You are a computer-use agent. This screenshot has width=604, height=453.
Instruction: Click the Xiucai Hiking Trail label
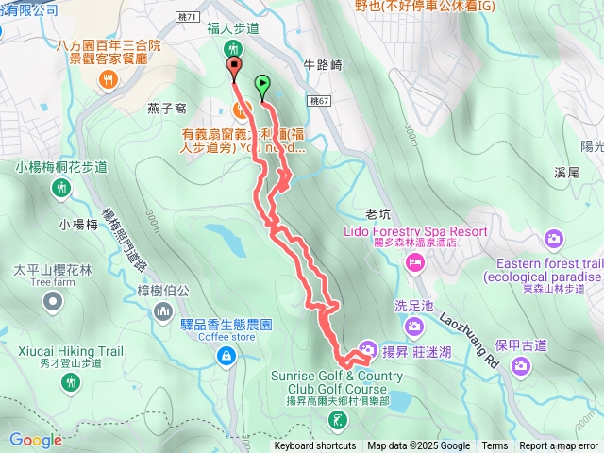(x=69, y=351)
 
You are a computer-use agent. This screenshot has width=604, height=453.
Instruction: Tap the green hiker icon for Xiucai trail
(x=69, y=381)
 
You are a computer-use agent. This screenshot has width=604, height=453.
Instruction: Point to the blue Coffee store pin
(x=226, y=355)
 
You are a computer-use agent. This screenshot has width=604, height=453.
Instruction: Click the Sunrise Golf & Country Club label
(x=337, y=381)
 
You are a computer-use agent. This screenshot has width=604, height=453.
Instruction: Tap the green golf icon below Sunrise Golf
(x=340, y=418)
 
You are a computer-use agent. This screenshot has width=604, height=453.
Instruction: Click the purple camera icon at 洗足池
(x=413, y=326)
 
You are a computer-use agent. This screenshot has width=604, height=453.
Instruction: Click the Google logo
(x=35, y=440)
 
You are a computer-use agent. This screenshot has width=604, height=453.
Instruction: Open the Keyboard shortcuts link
(x=315, y=446)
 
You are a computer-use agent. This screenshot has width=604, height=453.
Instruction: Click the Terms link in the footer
(x=495, y=446)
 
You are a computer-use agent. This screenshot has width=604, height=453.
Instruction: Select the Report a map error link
(x=559, y=446)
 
